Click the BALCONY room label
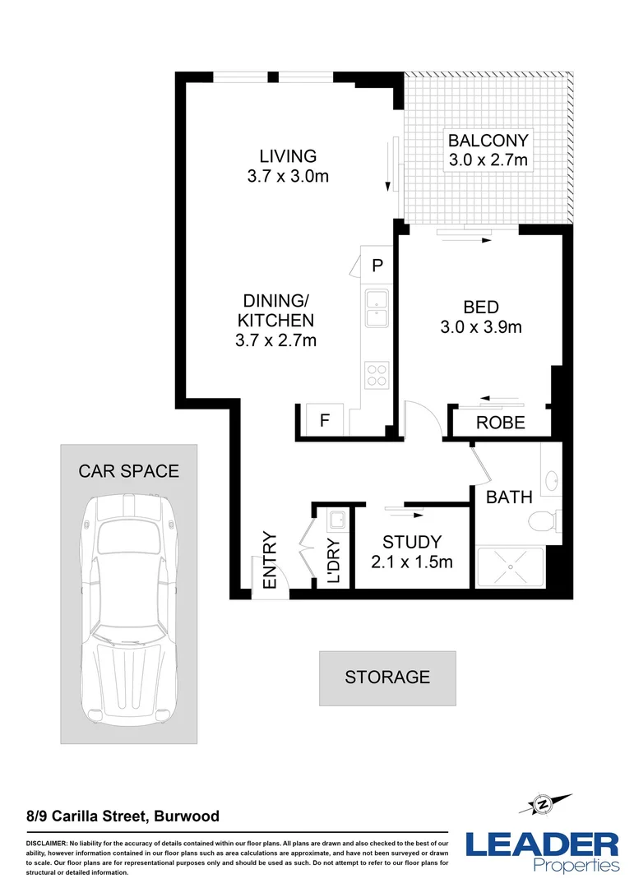(488, 139)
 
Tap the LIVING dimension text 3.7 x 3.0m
(288, 176)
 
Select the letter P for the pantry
(377, 265)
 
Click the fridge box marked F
(324, 421)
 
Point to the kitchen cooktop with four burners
(377, 375)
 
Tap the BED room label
(481, 308)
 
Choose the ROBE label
(501, 423)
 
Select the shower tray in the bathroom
(509, 567)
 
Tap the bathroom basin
(551, 478)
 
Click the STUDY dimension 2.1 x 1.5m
(412, 562)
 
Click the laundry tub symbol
(336, 520)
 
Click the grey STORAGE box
(387, 678)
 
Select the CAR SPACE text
(128, 471)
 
